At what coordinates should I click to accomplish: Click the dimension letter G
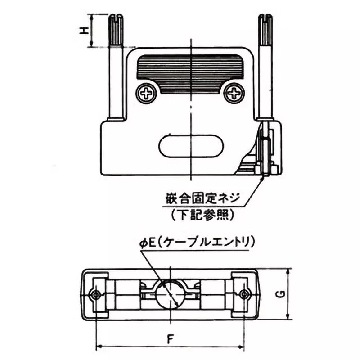280,294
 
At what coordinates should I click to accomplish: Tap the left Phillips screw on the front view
147,94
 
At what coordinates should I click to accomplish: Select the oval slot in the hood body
191,147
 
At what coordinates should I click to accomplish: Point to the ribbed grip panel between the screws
191,72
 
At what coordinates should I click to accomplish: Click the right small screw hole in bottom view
244,294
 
